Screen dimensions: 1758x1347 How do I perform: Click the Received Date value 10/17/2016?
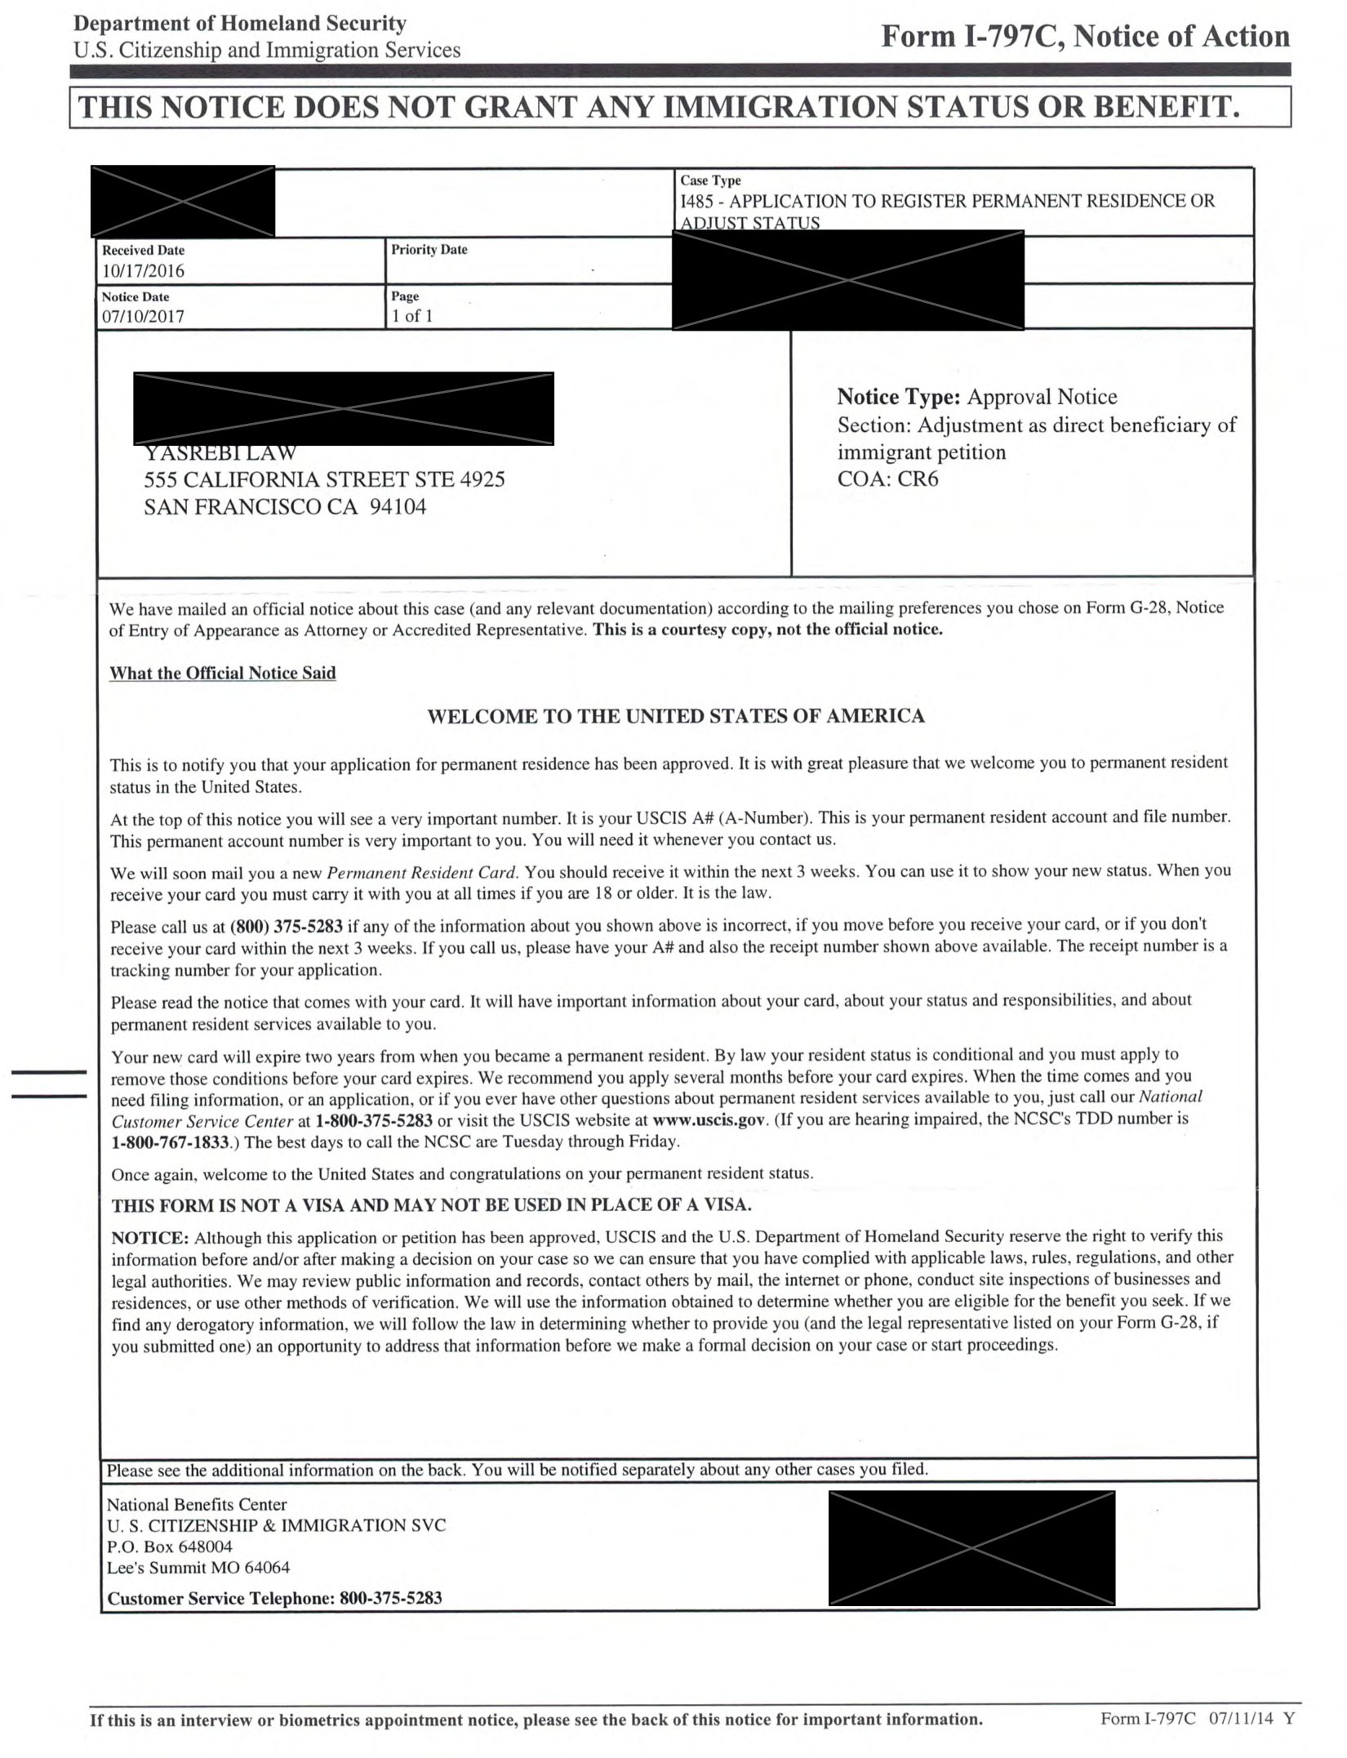click(143, 271)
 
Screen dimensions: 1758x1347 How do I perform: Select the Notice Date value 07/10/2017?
click(143, 317)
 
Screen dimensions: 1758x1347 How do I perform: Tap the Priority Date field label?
click(429, 250)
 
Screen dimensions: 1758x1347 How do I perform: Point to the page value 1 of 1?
click(411, 317)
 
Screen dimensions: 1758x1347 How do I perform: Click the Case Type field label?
click(710, 180)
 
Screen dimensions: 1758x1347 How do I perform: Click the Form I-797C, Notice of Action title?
click(1085, 37)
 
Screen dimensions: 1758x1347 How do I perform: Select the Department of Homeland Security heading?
click(239, 24)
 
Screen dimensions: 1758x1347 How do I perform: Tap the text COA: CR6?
click(887, 478)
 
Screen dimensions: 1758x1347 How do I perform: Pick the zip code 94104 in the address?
click(398, 507)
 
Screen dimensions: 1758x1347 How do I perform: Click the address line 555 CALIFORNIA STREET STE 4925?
click(324, 479)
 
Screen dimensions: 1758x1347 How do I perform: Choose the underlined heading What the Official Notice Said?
click(223, 673)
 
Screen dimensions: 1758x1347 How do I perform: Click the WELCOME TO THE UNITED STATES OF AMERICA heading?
click(676, 716)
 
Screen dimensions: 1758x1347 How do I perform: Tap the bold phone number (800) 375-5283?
click(287, 926)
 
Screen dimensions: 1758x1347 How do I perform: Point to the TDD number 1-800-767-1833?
click(170, 1142)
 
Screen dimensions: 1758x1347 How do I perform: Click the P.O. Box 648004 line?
click(170, 1547)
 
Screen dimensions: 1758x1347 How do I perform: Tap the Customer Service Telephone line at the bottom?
click(274, 1598)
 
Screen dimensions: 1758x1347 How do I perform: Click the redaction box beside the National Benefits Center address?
click(971, 1547)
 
